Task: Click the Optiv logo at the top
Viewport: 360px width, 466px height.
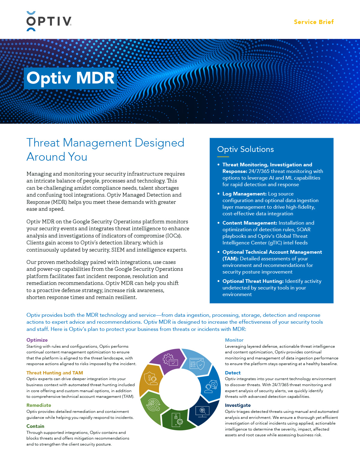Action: [x=49, y=21]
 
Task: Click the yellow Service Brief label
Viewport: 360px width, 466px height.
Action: [x=313, y=22]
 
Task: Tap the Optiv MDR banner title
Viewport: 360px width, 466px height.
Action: [x=70, y=78]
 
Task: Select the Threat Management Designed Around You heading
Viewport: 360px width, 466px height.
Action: [x=105, y=150]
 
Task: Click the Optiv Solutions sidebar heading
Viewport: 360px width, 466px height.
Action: [x=245, y=149]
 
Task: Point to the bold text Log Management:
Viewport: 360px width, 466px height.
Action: [x=244, y=194]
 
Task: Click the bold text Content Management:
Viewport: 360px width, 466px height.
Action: [x=250, y=223]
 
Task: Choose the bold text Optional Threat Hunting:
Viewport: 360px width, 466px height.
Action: [x=253, y=281]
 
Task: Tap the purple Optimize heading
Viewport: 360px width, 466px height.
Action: [x=37, y=340]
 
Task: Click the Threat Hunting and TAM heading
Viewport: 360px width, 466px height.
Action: [x=55, y=373]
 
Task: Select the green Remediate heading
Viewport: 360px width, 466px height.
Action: [x=39, y=405]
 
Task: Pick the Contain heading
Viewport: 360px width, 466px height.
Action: [x=35, y=426]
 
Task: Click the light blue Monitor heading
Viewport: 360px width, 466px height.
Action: [x=234, y=340]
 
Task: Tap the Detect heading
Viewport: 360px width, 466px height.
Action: [x=232, y=373]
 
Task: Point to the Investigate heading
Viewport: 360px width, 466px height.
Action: [x=238, y=405]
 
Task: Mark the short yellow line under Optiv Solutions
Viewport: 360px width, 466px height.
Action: [x=223, y=156]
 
